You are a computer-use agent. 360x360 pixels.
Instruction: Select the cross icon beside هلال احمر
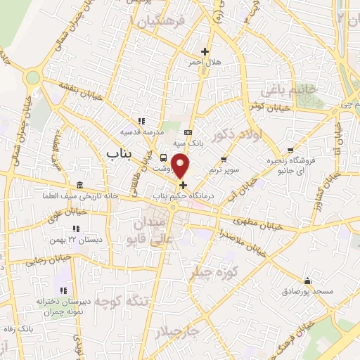(x=205, y=51)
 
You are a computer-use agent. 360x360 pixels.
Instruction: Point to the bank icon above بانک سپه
(x=188, y=132)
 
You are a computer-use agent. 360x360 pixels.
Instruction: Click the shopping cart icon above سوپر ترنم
(x=224, y=160)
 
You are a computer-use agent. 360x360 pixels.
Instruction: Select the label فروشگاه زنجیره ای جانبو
(x=289, y=166)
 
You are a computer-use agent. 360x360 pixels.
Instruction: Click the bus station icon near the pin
(x=164, y=157)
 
